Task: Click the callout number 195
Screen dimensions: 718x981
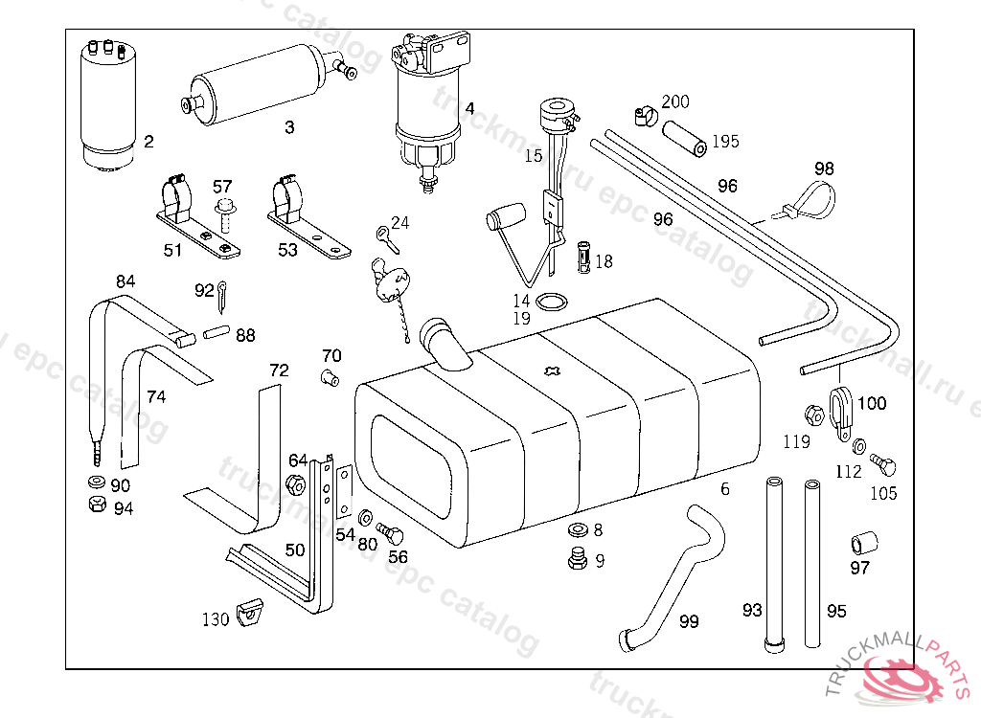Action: [725, 142]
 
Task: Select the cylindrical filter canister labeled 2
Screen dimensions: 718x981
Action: [108, 105]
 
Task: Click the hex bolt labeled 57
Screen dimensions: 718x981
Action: [227, 213]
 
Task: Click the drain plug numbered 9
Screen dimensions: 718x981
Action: [577, 559]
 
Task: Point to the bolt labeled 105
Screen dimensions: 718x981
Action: [881, 466]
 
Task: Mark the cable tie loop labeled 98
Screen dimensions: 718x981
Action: [814, 201]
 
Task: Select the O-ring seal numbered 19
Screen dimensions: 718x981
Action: [550, 303]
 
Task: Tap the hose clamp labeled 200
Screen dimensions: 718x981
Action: [645, 115]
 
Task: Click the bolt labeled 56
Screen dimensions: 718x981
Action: [390, 533]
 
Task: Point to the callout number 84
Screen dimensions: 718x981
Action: [125, 281]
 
